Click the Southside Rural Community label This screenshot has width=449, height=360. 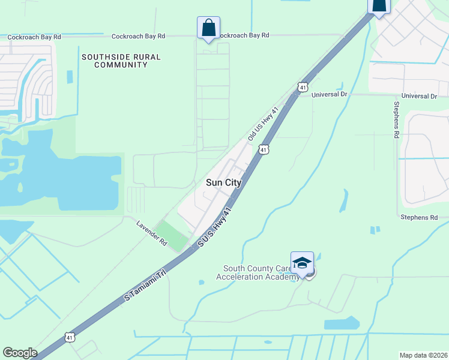pyautogui.click(x=121, y=61)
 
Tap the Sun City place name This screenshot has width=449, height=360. pyautogui.click(x=223, y=183)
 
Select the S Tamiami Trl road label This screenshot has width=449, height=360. pyautogui.click(x=145, y=281)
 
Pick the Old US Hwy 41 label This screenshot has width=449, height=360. pyautogui.click(x=264, y=124)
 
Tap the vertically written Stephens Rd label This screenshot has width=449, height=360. pyautogui.click(x=396, y=120)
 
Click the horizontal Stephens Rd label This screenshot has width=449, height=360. pyautogui.click(x=419, y=217)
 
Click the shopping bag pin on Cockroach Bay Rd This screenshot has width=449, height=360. pyautogui.click(x=208, y=28)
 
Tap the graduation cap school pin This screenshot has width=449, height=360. pyautogui.click(x=302, y=263)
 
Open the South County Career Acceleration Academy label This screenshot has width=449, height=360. pyautogui.click(x=258, y=272)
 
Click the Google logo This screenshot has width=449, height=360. pyautogui.click(x=20, y=353)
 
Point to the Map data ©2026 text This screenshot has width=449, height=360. pyautogui.click(x=424, y=355)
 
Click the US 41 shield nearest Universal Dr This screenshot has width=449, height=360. pyautogui.click(x=303, y=87)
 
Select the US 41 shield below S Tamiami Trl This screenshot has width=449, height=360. pyautogui.click(x=71, y=338)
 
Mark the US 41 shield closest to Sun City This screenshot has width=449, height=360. pyautogui.click(x=263, y=149)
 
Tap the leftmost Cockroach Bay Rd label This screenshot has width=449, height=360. pyautogui.click(x=34, y=37)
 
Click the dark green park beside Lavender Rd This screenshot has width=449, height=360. pyautogui.click(x=173, y=236)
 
